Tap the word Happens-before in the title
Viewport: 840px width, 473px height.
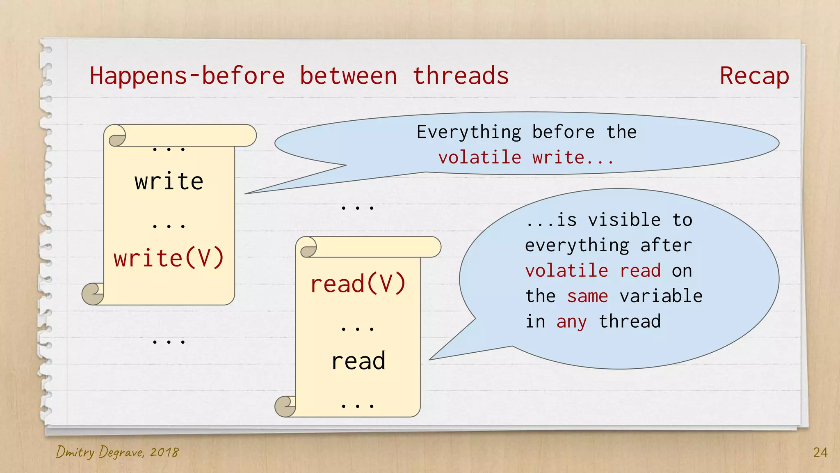pyautogui.click(x=187, y=76)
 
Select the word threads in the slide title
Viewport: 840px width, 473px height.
pyautogui.click(x=461, y=76)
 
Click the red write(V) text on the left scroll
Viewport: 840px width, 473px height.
pyautogui.click(x=169, y=258)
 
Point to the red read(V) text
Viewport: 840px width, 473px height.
pyautogui.click(x=358, y=284)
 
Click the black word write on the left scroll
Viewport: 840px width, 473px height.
pyautogui.click(x=169, y=181)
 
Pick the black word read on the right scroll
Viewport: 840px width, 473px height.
pyautogui.click(x=358, y=361)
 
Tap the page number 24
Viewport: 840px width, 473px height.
pyautogui.click(x=820, y=452)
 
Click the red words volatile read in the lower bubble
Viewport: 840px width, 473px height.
pyautogui.click(x=593, y=271)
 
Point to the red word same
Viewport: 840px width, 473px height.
pyautogui.click(x=587, y=296)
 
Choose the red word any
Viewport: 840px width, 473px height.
pyautogui.click(x=571, y=321)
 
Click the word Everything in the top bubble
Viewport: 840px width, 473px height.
pyautogui.click(x=469, y=132)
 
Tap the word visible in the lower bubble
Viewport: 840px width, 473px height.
pyautogui.click(x=624, y=220)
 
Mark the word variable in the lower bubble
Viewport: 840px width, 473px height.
pyautogui.click(x=661, y=296)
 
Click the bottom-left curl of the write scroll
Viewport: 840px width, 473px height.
pyautogui.click(x=93, y=294)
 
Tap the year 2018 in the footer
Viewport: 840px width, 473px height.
pyautogui.click(x=164, y=452)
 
